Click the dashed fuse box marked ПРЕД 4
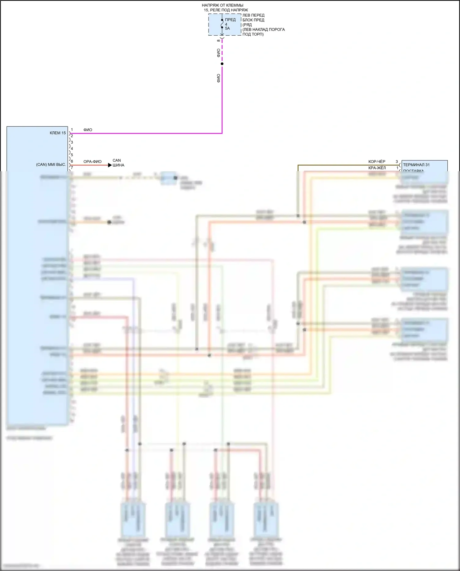point(224,25)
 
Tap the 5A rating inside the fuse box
point(227,28)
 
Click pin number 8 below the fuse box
point(218,41)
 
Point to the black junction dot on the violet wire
point(222,64)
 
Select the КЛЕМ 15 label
point(58,133)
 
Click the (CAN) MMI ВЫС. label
point(51,165)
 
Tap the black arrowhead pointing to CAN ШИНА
point(110,165)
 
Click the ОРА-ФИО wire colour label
point(92,162)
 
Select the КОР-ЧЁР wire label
point(377,162)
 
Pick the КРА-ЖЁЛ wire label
point(377,168)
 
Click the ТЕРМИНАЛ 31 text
point(416,165)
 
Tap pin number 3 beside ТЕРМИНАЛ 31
point(397,162)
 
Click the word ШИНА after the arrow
point(118,165)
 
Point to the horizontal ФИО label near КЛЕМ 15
point(88,130)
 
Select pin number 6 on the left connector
point(72,161)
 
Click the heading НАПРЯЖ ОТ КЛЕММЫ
point(222,5)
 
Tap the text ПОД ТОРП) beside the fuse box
point(253,34)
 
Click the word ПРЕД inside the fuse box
point(230,20)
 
